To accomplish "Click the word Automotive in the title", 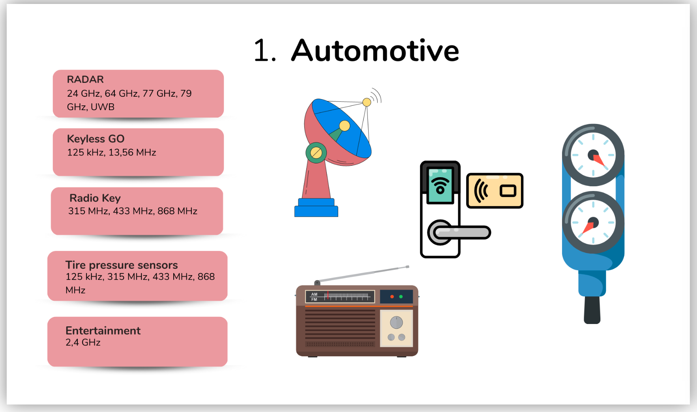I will (375, 51).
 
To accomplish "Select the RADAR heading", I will (85, 79).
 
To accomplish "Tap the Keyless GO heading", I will (96, 139).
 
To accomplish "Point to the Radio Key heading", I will (95, 198).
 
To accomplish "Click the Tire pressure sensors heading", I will (122, 265).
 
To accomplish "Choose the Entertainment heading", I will (103, 331).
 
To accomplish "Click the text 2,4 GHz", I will (83, 343).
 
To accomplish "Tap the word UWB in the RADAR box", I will (103, 107).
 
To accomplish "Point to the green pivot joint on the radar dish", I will (316, 153).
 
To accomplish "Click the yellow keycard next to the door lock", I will (495, 191).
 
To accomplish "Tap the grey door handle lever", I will (462, 232).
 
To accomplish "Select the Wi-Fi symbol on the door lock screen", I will (440, 184).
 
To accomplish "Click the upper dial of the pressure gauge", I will (593, 155).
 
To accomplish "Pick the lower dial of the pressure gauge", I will (593, 223).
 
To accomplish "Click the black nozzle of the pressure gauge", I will (592, 310).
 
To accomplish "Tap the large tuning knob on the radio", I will (396, 322).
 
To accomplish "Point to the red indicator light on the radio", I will (392, 296).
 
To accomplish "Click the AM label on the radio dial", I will (314, 294).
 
